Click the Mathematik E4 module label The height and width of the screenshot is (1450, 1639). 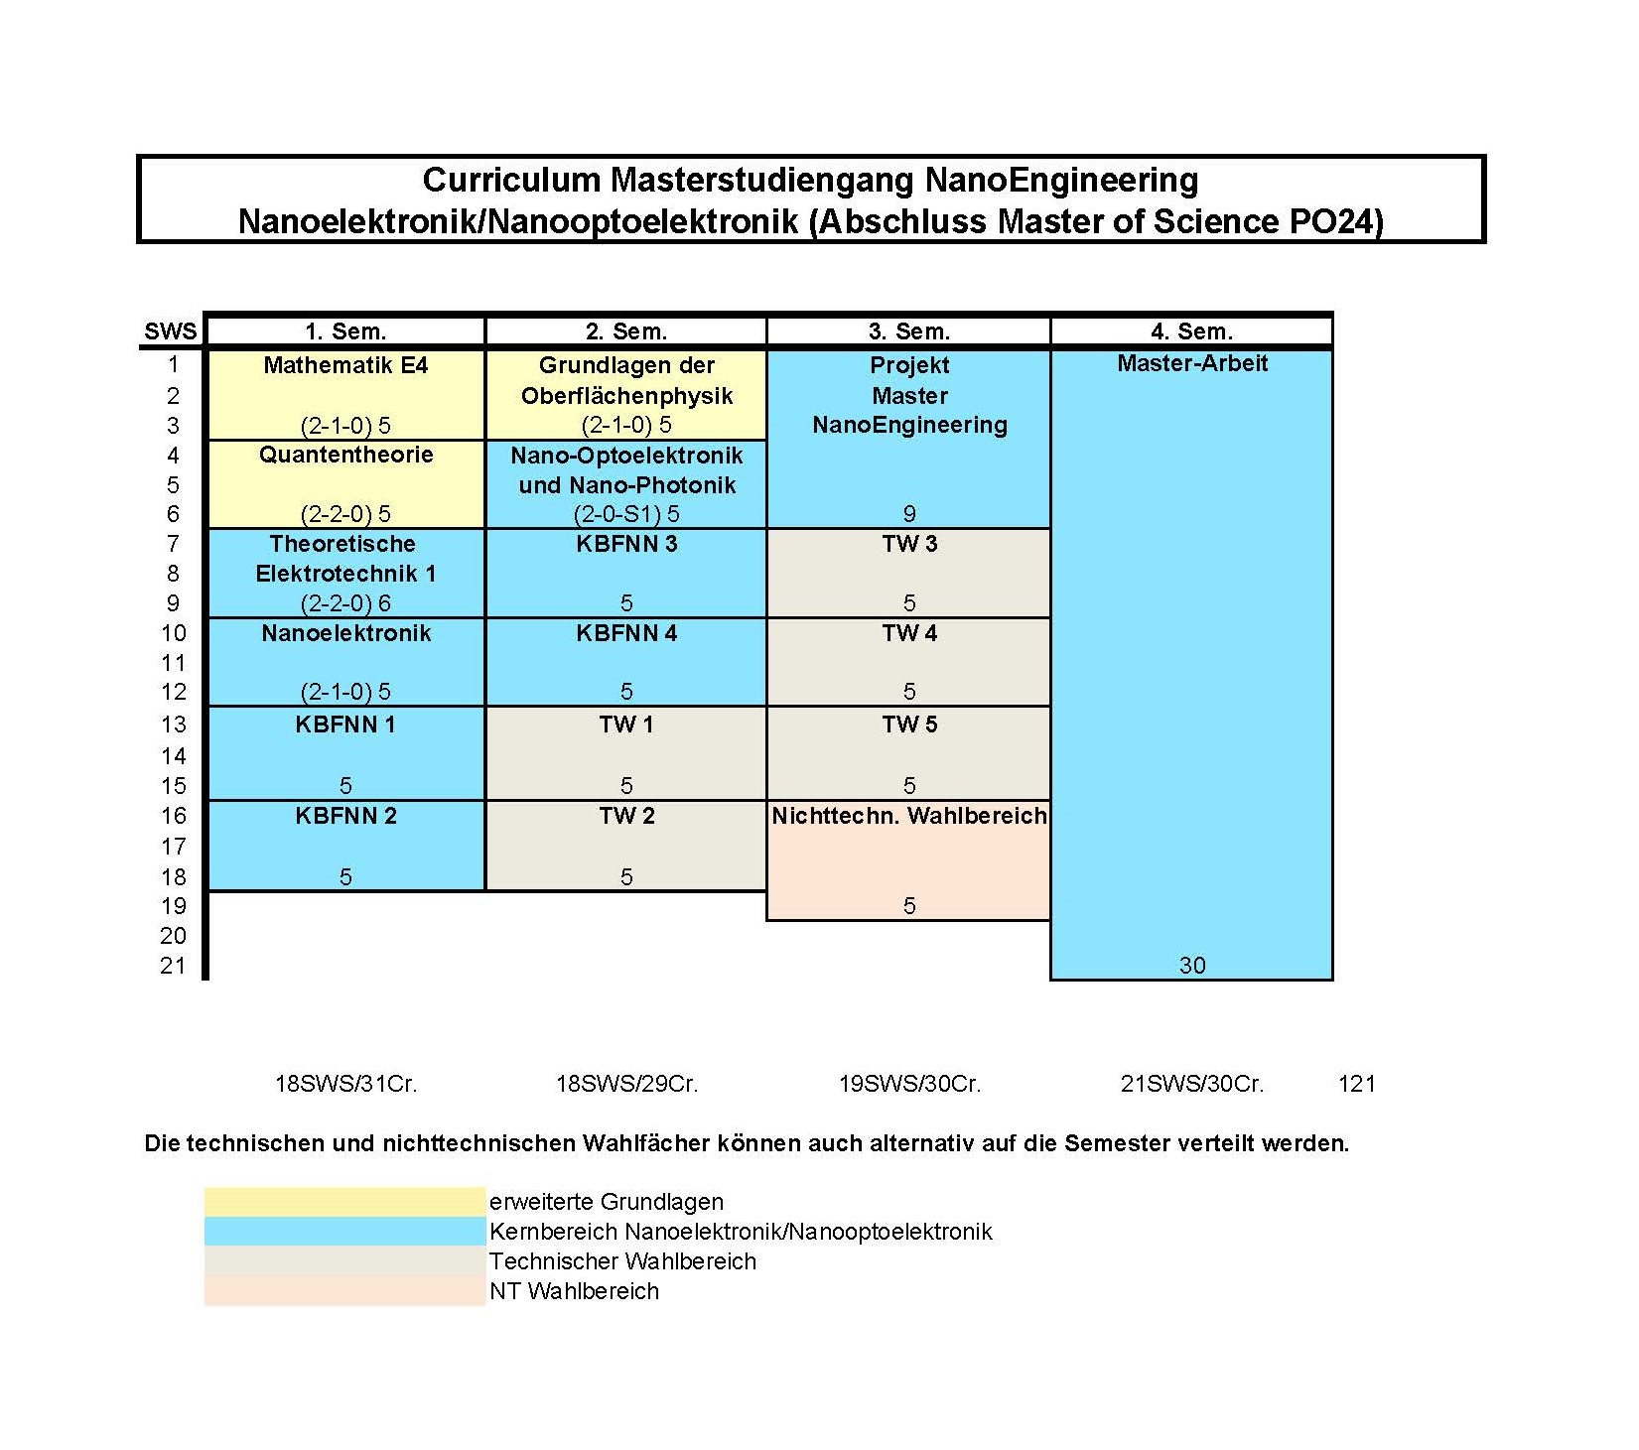(344, 365)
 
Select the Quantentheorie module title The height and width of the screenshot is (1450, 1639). (345, 455)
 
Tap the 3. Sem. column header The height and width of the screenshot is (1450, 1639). (908, 331)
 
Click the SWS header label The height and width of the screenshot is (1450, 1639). (170, 331)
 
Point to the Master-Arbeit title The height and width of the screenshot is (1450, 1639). (1191, 363)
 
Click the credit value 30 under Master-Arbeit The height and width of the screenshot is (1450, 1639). (1191, 965)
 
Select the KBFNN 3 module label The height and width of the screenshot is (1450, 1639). (626, 544)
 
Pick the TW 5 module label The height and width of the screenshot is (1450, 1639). (908, 725)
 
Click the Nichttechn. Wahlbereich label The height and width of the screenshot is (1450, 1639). (908, 816)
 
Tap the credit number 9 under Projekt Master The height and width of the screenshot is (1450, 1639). (908, 514)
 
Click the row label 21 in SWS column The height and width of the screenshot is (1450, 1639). (173, 965)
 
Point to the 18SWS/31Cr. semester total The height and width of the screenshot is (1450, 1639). (345, 1084)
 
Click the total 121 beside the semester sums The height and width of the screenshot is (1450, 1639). (1356, 1084)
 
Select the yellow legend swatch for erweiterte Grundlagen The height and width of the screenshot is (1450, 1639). (344, 1202)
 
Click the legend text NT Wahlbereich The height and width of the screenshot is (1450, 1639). (574, 1291)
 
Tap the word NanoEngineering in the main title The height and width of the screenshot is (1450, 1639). (1061, 181)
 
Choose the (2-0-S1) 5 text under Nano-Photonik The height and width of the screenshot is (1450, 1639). (626, 514)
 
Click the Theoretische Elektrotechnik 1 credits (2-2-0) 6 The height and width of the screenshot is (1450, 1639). (344, 603)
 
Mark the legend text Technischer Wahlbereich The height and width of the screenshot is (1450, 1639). (622, 1261)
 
